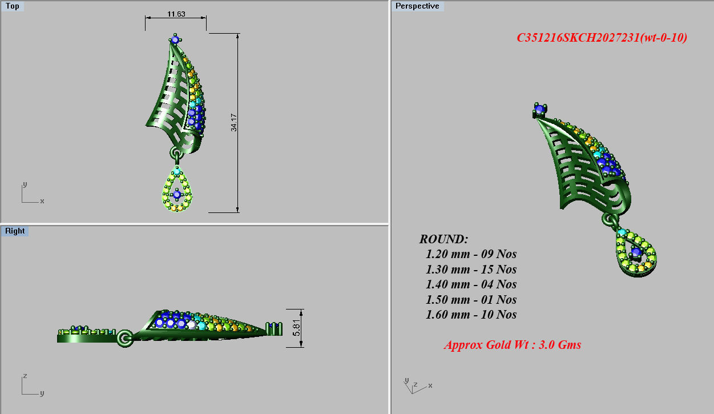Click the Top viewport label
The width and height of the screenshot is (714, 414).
pos(12,6)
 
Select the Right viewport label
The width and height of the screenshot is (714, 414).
pos(15,231)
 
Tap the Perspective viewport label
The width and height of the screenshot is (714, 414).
pos(417,6)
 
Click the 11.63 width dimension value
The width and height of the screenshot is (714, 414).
pos(176,14)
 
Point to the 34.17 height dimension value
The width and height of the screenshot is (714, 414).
pos(233,122)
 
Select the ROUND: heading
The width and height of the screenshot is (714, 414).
pos(443,239)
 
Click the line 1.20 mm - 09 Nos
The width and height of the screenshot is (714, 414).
pos(471,254)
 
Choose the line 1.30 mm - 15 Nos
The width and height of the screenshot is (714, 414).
pos(471,269)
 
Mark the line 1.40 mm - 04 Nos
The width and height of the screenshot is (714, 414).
pos(471,284)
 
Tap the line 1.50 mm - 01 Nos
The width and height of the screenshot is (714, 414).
pos(471,300)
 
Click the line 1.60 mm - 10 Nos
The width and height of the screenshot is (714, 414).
pos(471,315)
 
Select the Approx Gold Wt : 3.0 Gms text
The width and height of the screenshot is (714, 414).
pos(513,345)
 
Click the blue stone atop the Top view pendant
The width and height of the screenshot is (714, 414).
pos(175,39)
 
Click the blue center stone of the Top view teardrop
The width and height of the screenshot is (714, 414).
pos(176,195)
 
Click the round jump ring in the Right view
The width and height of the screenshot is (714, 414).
pos(124,338)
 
